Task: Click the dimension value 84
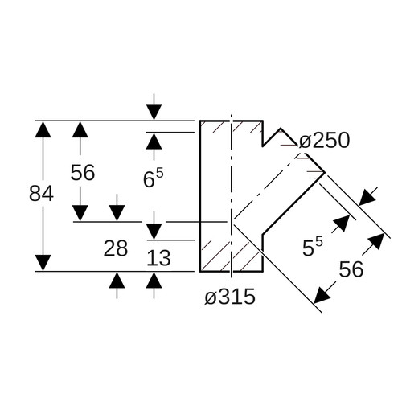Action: tap(41, 194)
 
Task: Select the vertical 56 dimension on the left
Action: tap(83, 172)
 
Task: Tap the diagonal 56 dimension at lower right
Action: tap(351, 269)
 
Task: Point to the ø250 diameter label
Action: tap(324, 141)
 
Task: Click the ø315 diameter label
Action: tap(230, 297)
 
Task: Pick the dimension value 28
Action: tap(116, 248)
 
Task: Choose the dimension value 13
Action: tap(158, 258)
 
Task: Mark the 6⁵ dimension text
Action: tap(153, 178)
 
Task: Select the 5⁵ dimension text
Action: tap(313, 247)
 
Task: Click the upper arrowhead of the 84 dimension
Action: tap(43, 129)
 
